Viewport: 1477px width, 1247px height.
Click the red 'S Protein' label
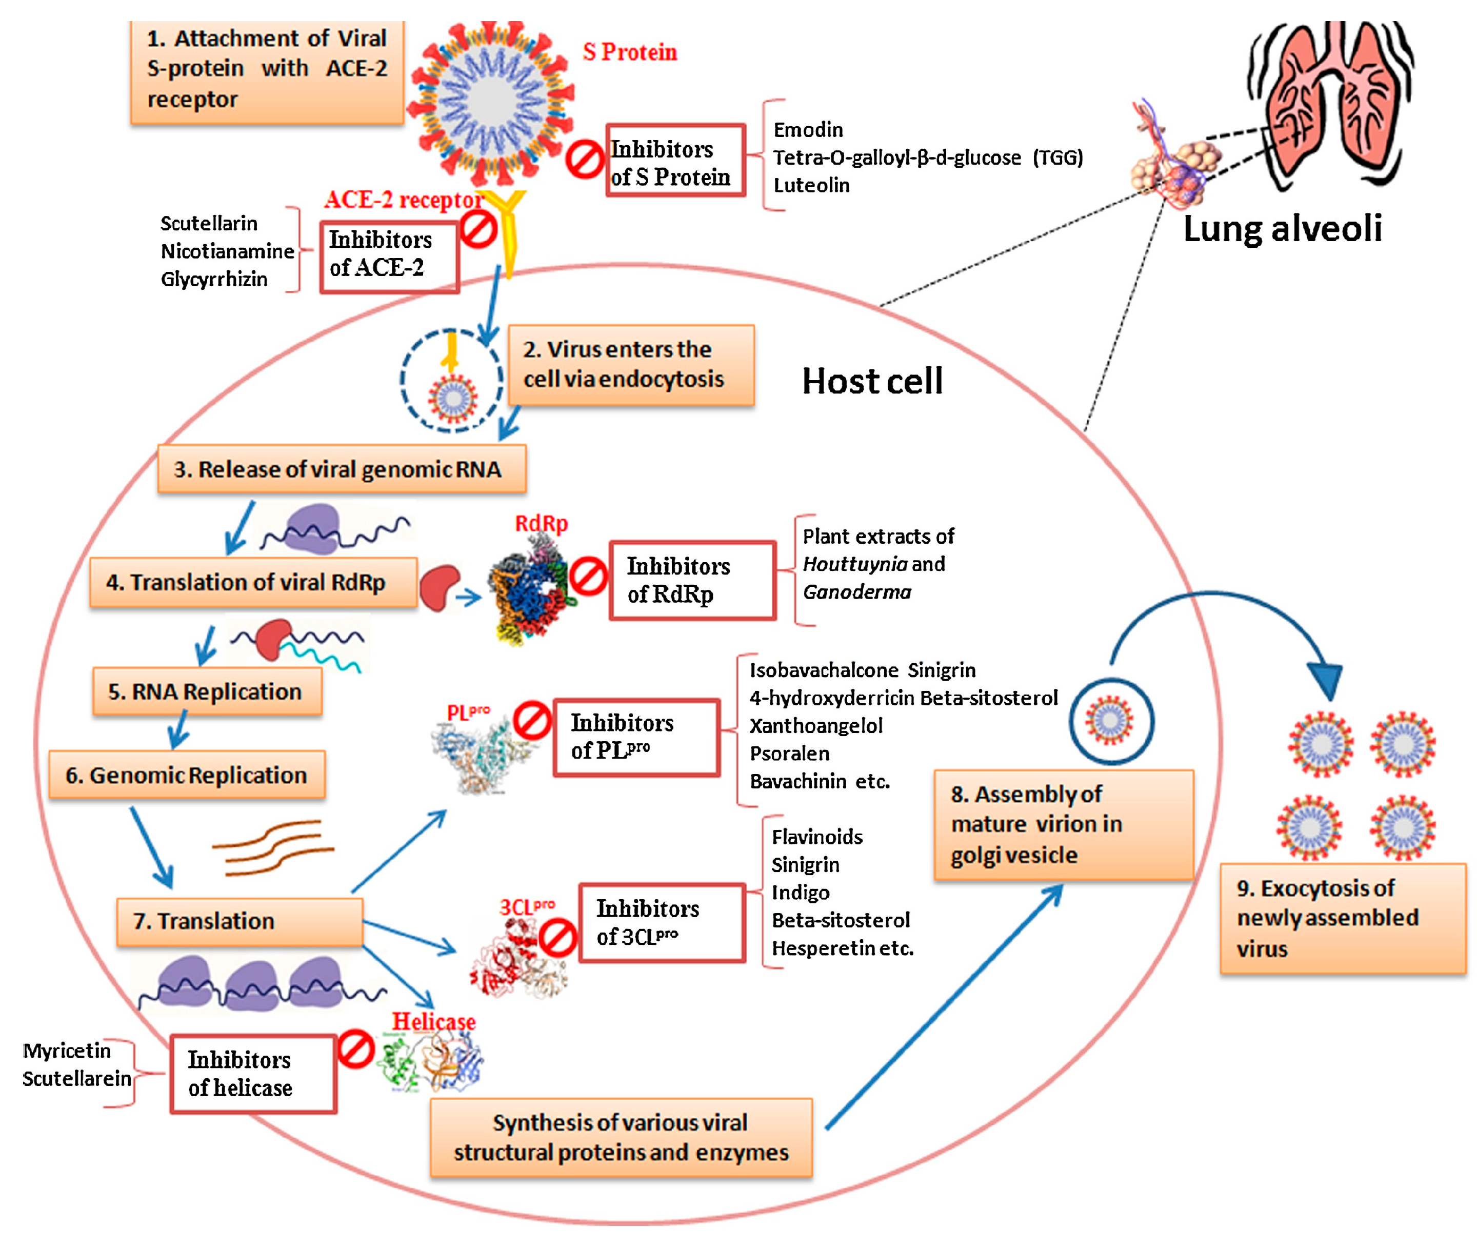(x=629, y=52)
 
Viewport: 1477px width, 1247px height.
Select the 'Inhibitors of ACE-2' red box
(x=389, y=256)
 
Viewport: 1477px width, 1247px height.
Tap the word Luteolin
(x=811, y=185)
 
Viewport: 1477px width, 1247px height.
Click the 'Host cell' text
(x=872, y=381)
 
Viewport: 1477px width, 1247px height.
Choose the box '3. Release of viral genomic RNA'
(x=342, y=469)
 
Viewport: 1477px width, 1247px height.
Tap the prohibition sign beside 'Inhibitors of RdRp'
(x=588, y=576)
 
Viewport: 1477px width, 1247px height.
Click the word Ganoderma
(x=856, y=591)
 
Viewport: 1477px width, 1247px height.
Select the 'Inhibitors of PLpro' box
(x=636, y=737)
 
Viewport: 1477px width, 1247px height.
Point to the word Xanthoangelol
(x=815, y=726)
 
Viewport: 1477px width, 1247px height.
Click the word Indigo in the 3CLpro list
(x=800, y=892)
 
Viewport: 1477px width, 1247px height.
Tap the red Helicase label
(x=433, y=1021)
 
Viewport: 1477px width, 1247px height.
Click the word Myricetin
(x=67, y=1051)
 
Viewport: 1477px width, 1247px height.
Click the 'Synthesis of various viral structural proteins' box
(x=621, y=1137)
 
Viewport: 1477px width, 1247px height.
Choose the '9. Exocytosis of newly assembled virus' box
(x=1341, y=918)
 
